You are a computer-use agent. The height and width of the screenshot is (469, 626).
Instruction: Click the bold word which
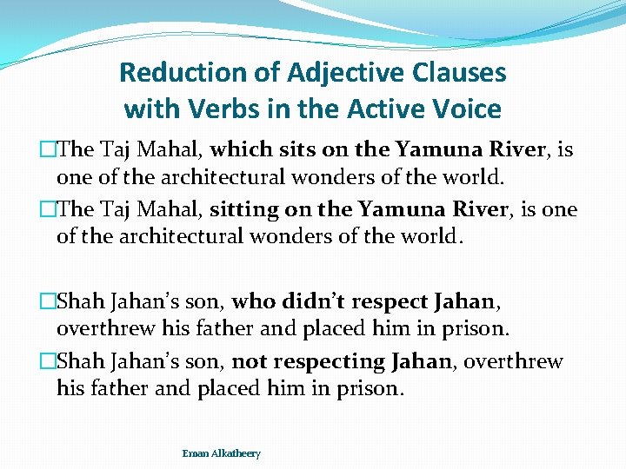click(240, 149)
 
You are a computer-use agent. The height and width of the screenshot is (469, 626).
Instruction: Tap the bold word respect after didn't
click(396, 301)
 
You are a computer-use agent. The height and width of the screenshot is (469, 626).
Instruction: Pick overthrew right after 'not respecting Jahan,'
click(516, 361)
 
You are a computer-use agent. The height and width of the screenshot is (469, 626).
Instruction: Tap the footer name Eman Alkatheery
click(221, 453)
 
